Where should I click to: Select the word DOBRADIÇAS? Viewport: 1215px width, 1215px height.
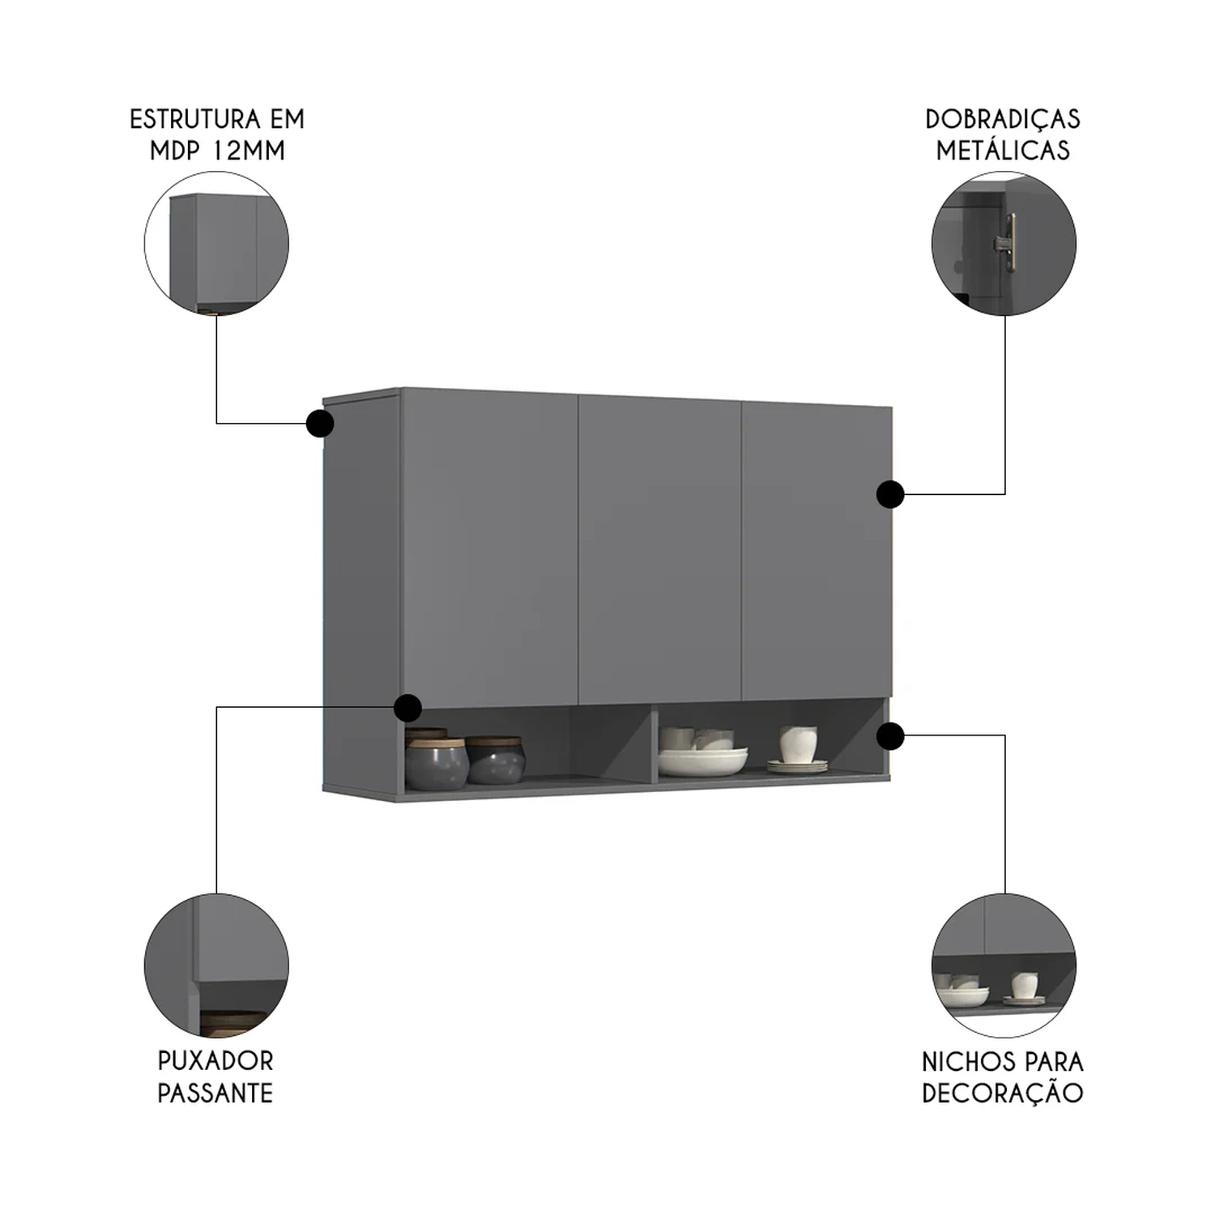[x=1002, y=120]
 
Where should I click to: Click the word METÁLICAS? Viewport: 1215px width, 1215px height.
[x=1002, y=151]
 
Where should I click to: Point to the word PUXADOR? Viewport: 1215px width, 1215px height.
[x=215, y=1061]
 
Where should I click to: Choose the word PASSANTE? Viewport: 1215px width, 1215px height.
[x=215, y=1093]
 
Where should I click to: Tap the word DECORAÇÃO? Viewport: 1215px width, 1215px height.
[x=1002, y=1093]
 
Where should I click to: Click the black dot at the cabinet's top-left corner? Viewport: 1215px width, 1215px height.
[x=320, y=423]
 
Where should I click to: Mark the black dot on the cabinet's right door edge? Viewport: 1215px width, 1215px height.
[x=890, y=494]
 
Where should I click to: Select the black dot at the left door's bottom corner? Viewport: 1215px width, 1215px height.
[x=407, y=708]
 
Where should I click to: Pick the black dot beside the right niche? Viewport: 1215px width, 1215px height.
[x=890, y=736]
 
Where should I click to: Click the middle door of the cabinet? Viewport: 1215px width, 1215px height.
[x=659, y=551]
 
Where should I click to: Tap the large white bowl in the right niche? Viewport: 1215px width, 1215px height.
[x=702, y=761]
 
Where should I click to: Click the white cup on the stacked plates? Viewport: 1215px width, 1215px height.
[x=797, y=744]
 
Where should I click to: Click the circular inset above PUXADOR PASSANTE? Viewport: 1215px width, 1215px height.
[x=216, y=966]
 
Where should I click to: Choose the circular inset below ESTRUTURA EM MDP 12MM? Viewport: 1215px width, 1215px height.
[x=216, y=243]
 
